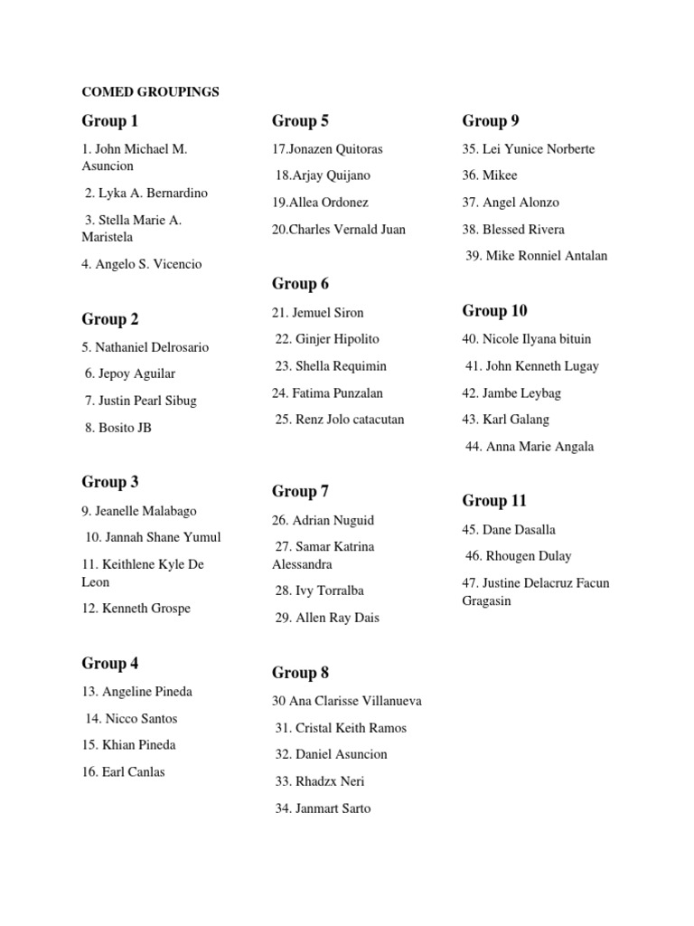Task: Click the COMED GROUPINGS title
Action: (150, 91)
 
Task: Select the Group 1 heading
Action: (110, 120)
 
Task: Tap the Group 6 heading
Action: (300, 284)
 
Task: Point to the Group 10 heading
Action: (494, 311)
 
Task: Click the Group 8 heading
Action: (300, 673)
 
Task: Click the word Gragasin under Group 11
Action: (487, 601)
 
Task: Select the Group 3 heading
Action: (110, 482)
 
